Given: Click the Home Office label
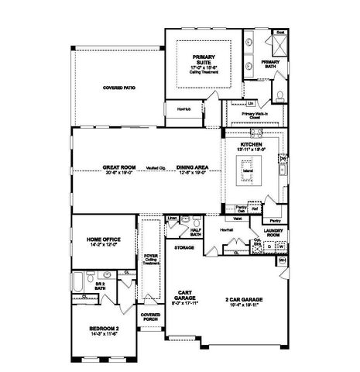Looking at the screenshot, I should point(102,241).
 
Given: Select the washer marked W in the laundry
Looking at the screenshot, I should point(280,249).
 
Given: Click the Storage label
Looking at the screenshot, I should point(183,247).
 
